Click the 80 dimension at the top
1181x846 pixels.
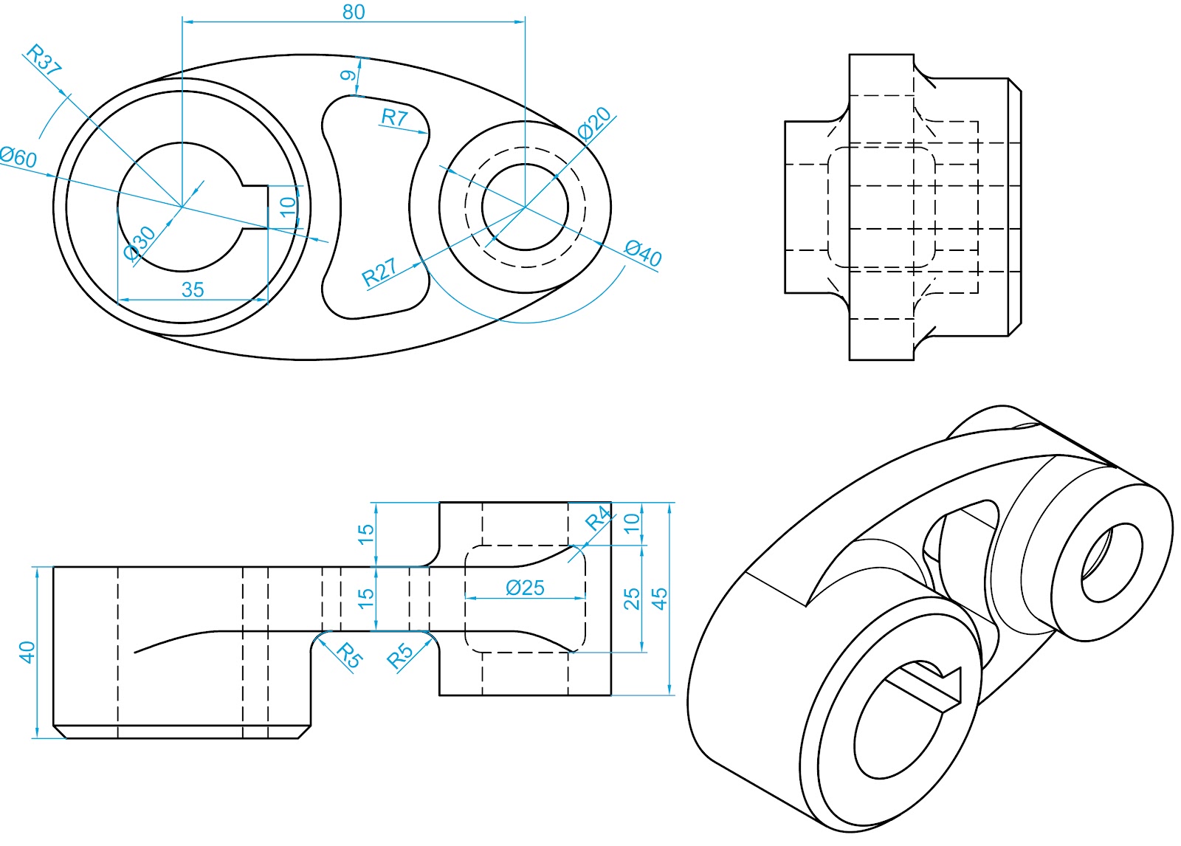(354, 12)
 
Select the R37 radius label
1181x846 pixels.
(43, 61)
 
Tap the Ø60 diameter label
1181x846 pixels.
(18, 157)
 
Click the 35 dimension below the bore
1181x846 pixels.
(193, 289)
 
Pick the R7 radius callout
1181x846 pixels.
(394, 117)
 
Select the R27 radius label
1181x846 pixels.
(379, 272)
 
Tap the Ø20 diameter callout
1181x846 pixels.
(594, 123)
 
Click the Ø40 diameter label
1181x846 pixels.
(643, 253)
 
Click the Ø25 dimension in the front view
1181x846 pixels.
(525, 588)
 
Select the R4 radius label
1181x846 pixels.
(599, 518)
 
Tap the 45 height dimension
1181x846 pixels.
(660, 598)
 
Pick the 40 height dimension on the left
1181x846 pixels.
(27, 652)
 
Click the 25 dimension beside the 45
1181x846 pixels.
(632, 599)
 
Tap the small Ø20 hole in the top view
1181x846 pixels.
(525, 207)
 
